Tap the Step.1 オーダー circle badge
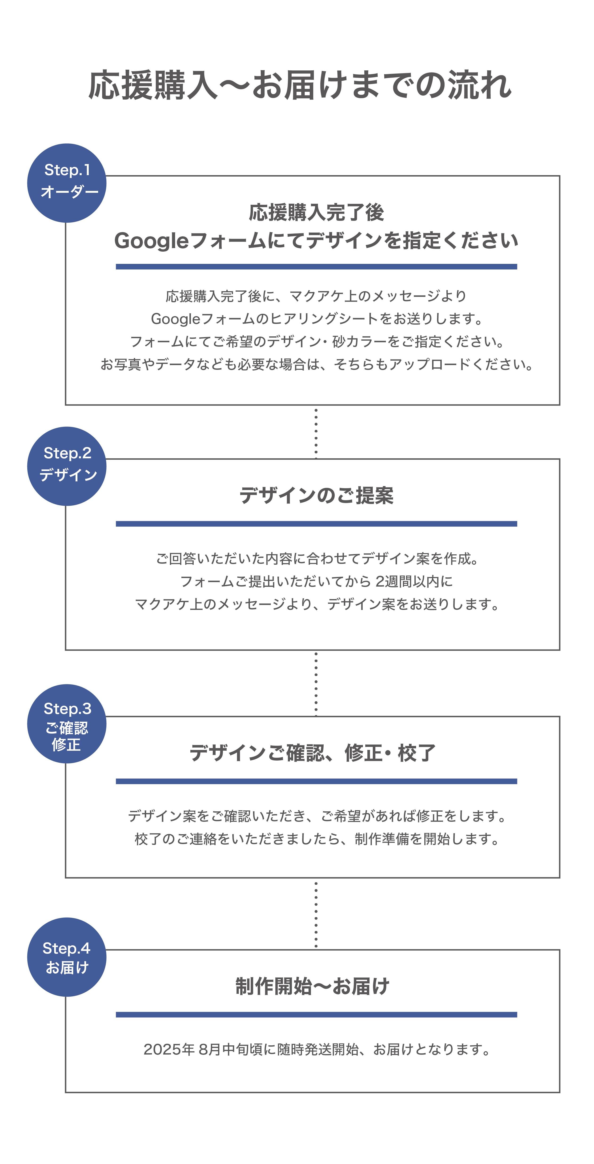67,183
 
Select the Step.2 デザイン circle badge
67,466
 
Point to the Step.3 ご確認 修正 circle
67,724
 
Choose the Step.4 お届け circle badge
67,957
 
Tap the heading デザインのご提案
316,495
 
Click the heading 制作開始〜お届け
312,986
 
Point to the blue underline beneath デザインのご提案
316,524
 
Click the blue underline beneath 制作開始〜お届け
316,1015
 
